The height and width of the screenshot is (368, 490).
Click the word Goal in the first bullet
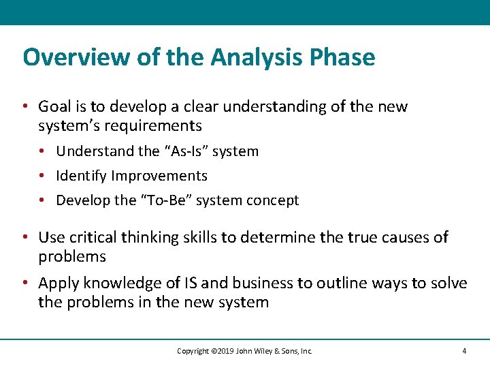click(54, 107)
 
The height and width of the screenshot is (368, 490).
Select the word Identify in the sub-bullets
click(82, 176)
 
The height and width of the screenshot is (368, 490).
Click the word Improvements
click(159, 176)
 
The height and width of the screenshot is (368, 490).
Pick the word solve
click(447, 283)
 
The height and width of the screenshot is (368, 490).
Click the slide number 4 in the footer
click(463, 351)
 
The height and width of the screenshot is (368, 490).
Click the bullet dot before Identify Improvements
click(42, 176)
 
